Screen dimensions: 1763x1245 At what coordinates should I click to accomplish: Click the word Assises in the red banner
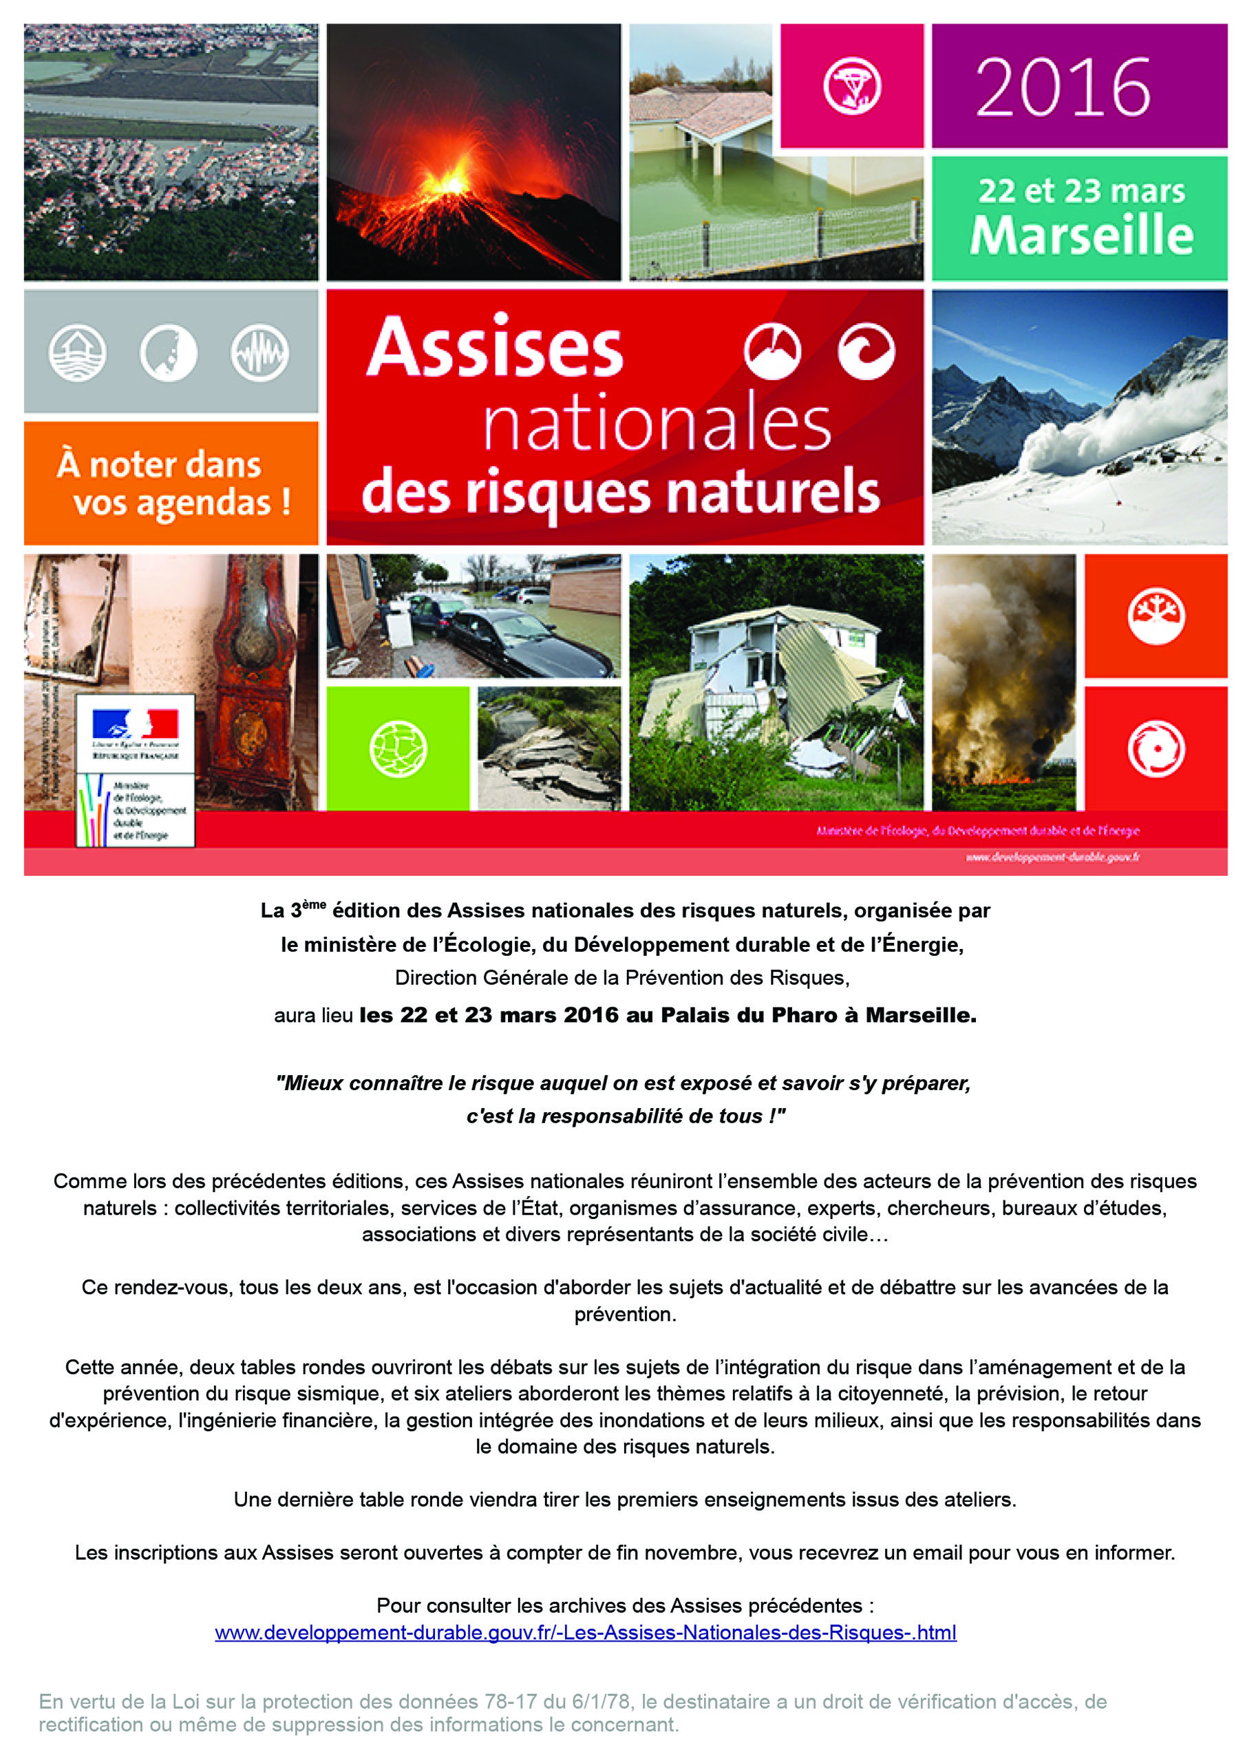[495, 348]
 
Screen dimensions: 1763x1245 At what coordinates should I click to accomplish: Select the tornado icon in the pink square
[851, 86]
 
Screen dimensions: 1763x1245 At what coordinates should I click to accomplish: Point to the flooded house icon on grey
[78, 353]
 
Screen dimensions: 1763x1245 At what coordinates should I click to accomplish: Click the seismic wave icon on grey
[259, 353]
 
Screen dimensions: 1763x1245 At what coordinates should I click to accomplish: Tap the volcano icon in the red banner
[772, 351]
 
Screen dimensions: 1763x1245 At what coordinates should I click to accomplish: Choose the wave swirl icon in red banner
[866, 351]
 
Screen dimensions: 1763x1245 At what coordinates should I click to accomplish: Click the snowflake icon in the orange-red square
[1156, 616]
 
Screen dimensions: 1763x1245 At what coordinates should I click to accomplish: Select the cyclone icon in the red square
[1156, 748]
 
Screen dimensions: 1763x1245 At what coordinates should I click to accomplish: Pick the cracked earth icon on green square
[398, 749]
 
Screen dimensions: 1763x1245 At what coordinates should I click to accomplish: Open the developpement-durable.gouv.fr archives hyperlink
[585, 1632]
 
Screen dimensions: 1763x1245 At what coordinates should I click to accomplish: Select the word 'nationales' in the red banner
[657, 423]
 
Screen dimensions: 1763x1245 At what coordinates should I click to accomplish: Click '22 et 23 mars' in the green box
[1081, 191]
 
